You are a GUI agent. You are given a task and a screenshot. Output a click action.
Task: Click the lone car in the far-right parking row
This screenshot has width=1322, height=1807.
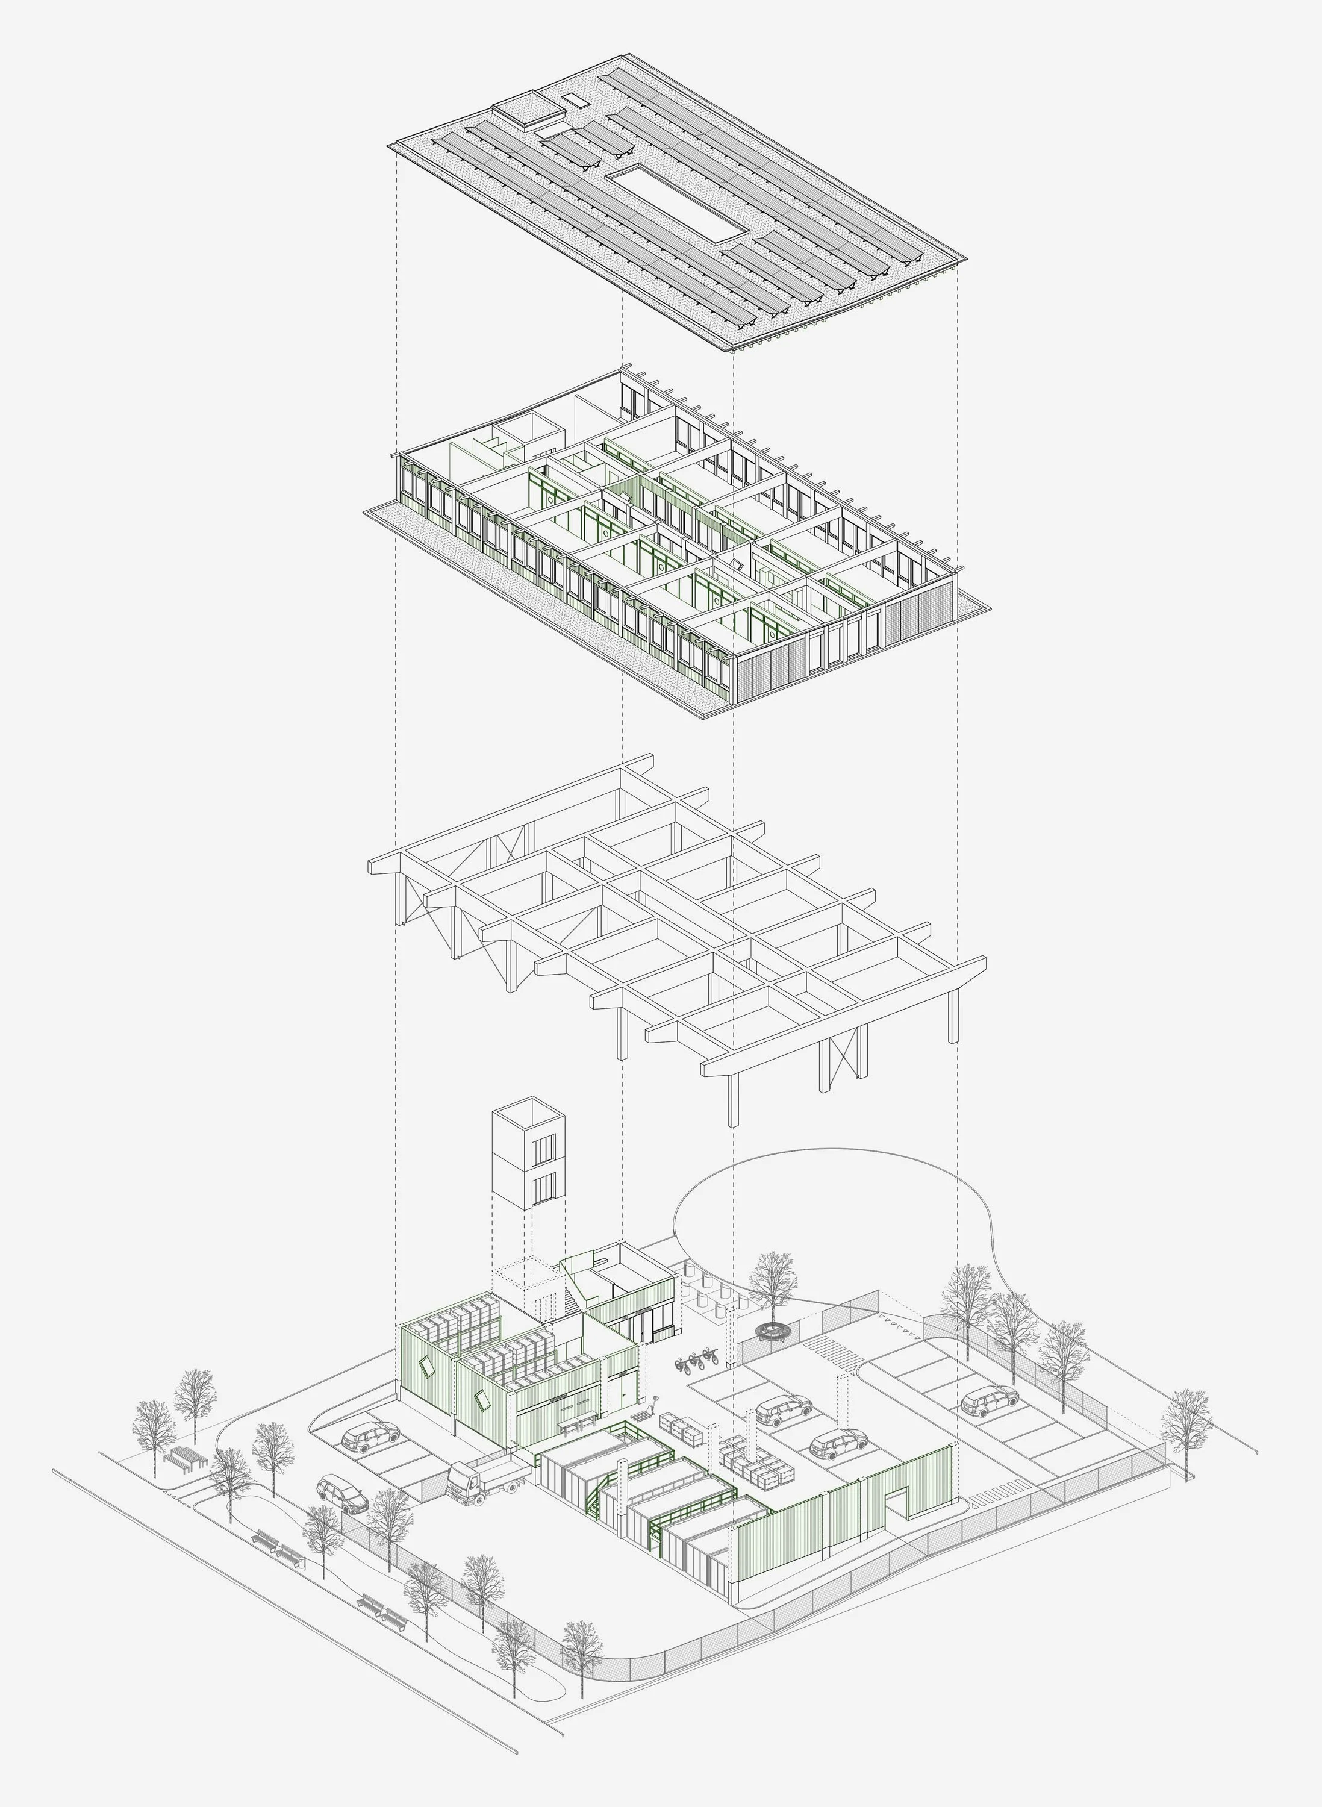click(x=989, y=1400)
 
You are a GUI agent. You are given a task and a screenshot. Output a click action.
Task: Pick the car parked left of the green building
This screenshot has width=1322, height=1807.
click(x=370, y=1436)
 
